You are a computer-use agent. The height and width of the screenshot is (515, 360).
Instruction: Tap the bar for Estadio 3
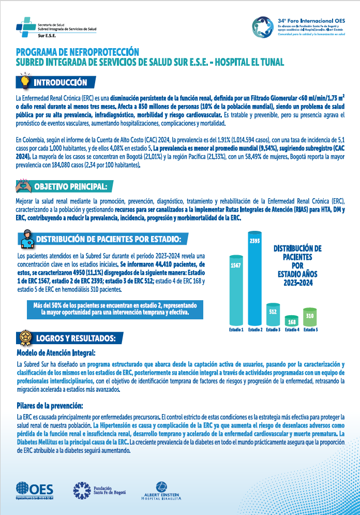273,315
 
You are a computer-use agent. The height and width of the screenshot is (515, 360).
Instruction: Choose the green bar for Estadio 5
310,317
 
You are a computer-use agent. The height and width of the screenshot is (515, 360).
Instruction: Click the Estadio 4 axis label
292,330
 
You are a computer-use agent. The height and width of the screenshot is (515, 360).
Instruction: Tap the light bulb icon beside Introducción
24,82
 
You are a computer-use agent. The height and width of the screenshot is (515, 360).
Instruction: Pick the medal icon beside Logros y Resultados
24,337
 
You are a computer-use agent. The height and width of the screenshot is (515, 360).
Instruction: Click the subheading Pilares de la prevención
50,405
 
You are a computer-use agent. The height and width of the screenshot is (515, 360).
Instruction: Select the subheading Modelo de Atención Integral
56,352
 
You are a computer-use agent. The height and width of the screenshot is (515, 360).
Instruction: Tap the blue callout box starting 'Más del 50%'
110,309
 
